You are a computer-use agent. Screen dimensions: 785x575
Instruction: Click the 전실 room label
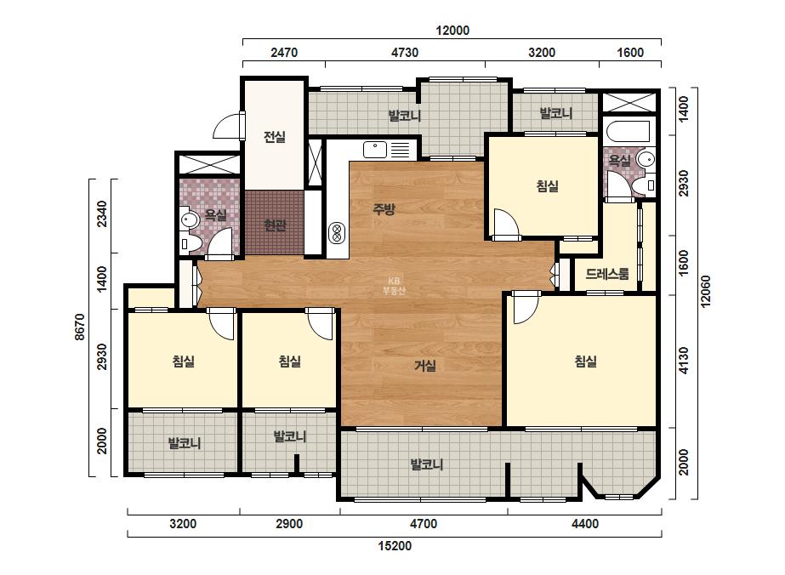click(275, 136)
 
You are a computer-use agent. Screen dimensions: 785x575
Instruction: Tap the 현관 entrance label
click(275, 225)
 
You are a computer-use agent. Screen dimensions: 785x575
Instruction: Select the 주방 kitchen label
click(384, 209)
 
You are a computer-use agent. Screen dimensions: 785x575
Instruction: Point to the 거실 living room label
click(425, 366)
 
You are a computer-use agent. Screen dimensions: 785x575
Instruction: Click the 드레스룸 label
click(606, 274)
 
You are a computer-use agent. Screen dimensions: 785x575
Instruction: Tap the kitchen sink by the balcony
click(375, 149)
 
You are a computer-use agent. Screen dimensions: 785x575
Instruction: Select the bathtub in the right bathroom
click(628, 132)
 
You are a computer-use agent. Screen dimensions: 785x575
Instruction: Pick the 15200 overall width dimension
click(395, 545)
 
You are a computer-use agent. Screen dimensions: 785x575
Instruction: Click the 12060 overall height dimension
click(705, 291)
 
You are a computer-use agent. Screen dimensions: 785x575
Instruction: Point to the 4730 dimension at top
click(405, 53)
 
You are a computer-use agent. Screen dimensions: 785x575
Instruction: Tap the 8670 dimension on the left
click(80, 327)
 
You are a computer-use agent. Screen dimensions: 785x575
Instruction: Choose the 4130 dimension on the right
click(684, 360)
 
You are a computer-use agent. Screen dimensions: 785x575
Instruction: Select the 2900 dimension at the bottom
click(289, 524)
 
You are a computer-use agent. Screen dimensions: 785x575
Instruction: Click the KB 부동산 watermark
click(394, 286)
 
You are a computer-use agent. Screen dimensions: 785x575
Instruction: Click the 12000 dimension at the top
click(452, 31)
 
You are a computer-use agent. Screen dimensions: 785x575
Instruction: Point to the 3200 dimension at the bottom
click(183, 524)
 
